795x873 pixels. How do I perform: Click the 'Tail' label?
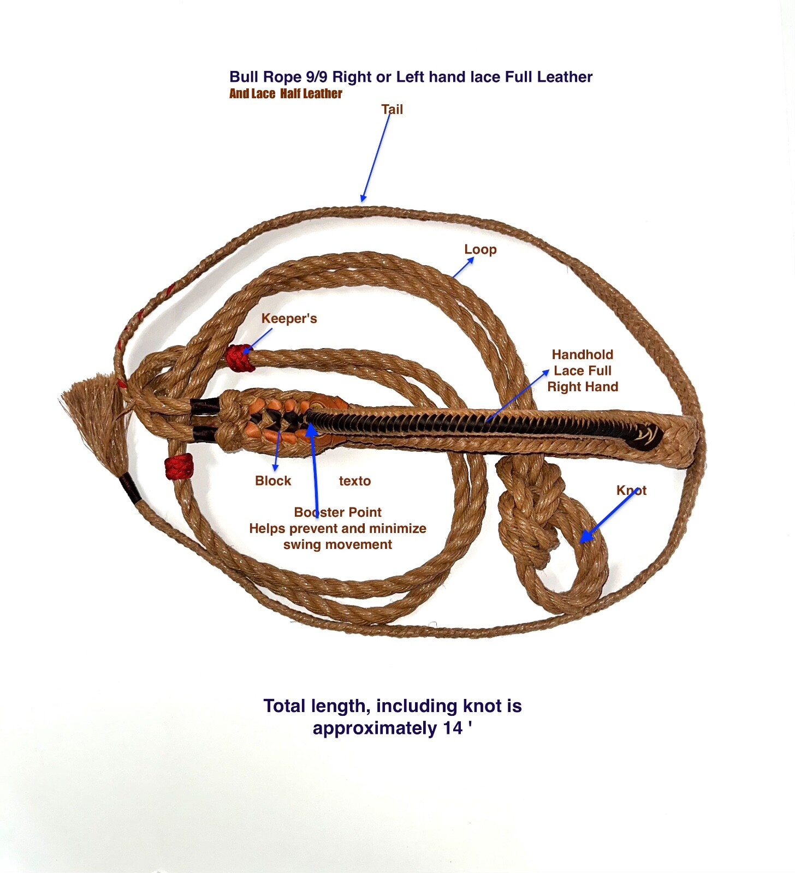pos(392,110)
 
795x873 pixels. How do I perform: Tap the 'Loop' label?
pos(480,249)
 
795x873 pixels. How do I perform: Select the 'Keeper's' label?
pos(289,319)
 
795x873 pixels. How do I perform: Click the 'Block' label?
pos(273,481)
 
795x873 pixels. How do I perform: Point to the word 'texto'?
pos(354,481)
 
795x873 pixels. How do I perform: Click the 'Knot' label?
pos(631,491)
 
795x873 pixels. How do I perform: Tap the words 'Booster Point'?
pos(337,512)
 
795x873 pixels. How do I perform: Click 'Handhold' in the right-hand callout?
pos(583,355)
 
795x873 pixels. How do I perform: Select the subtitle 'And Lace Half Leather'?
pos(286,94)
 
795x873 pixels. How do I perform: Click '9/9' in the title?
pos(317,77)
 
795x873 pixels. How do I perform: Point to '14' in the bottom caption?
pos(453,728)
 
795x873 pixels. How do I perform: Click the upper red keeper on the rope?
pos(239,358)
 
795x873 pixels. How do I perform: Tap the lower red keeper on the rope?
pos(179,467)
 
